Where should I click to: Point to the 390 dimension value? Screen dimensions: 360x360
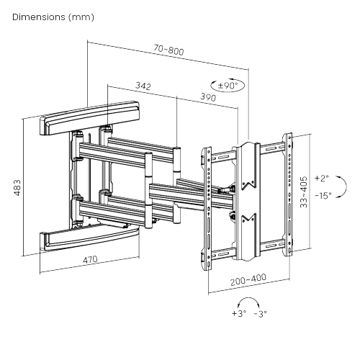tap(207, 96)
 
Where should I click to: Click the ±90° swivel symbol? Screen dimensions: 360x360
tap(228, 85)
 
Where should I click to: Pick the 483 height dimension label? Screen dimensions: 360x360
tap(16, 188)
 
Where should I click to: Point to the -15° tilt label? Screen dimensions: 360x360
tap(323, 197)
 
